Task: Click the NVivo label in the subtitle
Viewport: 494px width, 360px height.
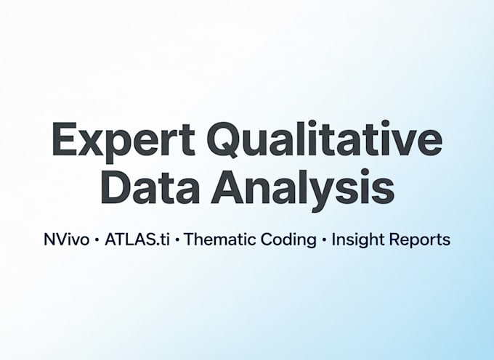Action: [67, 240]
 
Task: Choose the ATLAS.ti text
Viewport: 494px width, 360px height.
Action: [137, 240]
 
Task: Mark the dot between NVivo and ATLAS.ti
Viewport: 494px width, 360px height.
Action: [97, 240]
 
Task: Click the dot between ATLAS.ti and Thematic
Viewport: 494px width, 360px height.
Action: [177, 240]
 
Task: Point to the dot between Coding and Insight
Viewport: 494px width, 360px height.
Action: [324, 240]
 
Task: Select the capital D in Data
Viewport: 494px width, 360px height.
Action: [116, 187]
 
